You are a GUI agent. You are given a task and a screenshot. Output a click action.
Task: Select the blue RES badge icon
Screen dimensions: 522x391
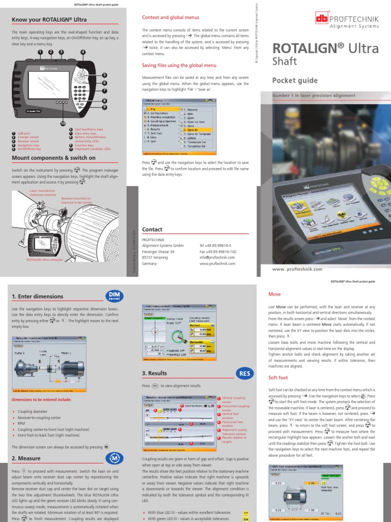pyautogui.click(x=244, y=374)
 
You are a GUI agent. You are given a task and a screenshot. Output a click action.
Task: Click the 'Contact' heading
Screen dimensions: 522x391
pyautogui.click(x=152, y=229)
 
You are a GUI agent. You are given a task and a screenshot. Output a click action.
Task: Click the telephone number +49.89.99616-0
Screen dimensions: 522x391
pyautogui.click(x=217, y=245)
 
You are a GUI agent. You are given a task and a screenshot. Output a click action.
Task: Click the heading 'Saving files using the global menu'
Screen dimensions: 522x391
pyautogui.click(x=179, y=65)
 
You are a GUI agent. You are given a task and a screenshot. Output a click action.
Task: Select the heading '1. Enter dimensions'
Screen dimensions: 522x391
pyautogui.click(x=37, y=296)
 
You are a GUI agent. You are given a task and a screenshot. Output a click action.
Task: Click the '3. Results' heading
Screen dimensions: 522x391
pyautogui.click(x=155, y=374)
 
